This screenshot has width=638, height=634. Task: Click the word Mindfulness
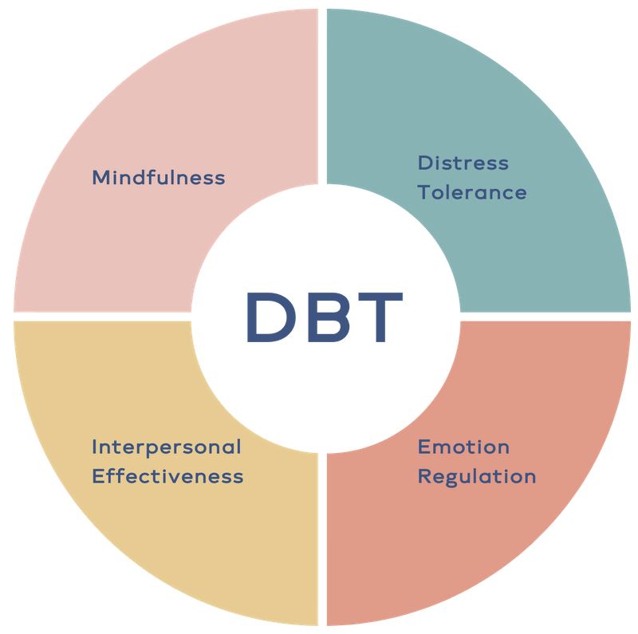click(x=159, y=177)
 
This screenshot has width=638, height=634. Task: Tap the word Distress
click(x=463, y=163)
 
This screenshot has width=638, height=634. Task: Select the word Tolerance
click(x=472, y=192)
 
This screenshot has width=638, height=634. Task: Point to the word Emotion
click(x=463, y=447)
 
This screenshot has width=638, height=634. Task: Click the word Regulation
click(x=477, y=477)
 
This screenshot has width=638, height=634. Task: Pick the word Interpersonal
click(x=167, y=447)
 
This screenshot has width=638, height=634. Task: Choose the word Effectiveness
click(x=167, y=476)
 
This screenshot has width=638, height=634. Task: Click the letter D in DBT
click(x=270, y=317)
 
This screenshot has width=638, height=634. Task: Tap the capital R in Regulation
click(x=424, y=476)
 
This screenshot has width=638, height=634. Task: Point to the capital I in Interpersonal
click(x=94, y=447)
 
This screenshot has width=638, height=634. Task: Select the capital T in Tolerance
click(x=425, y=192)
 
